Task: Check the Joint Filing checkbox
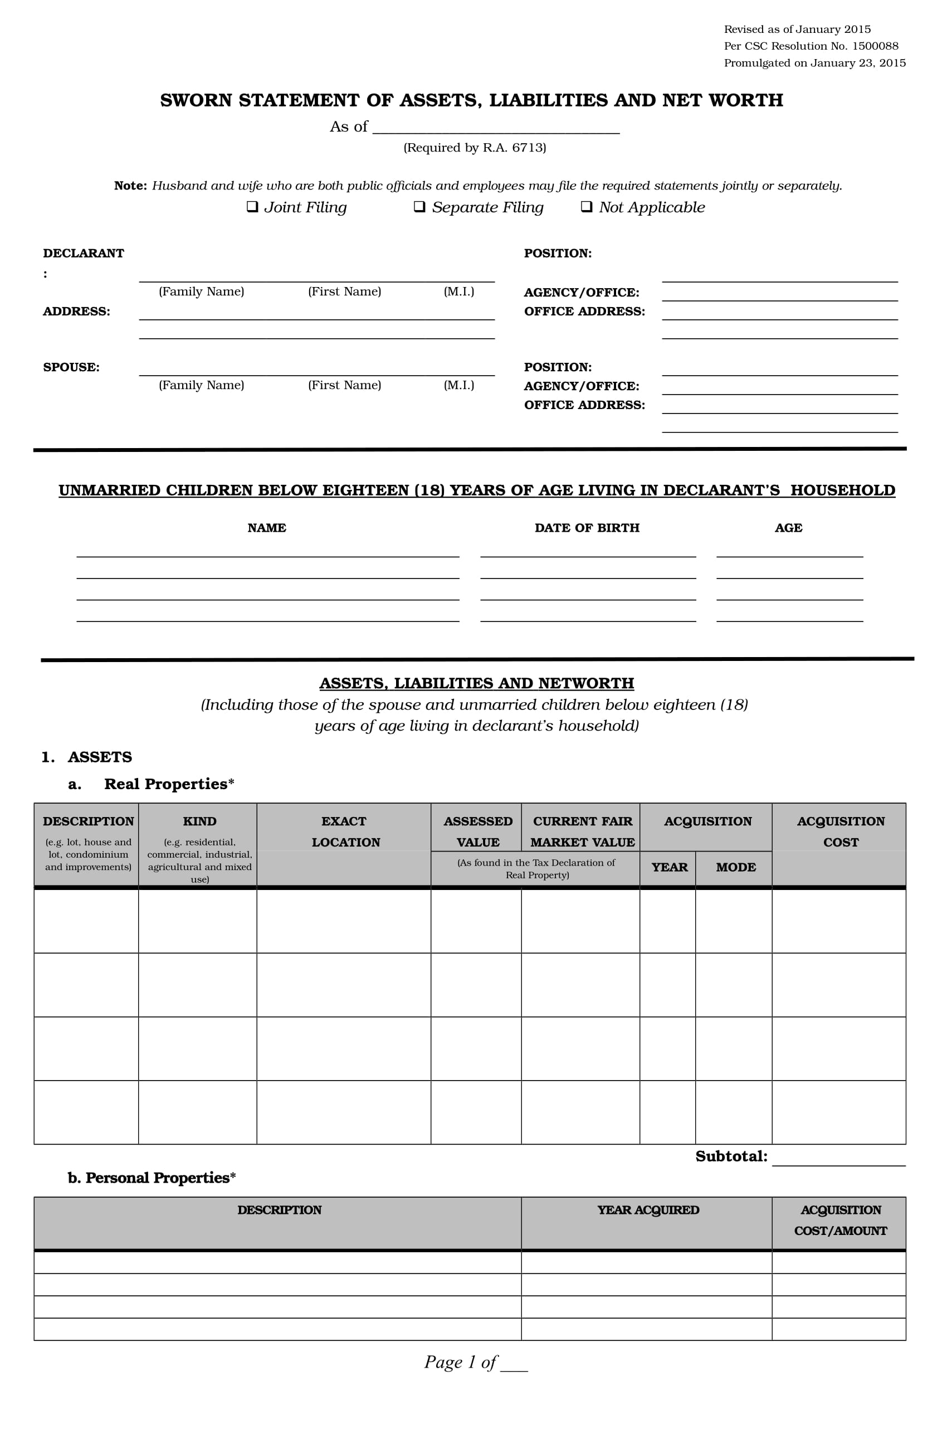pyautogui.click(x=251, y=207)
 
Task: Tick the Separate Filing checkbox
pyautogui.click(x=419, y=207)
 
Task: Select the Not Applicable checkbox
pyautogui.click(x=586, y=207)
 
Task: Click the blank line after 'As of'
pyautogui.click(x=495, y=128)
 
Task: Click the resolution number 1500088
pyautogui.click(x=875, y=46)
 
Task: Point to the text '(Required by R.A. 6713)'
pyautogui.click(x=475, y=148)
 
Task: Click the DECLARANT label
pyautogui.click(x=84, y=253)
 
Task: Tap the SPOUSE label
pyautogui.click(x=71, y=367)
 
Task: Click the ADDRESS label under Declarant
pyautogui.click(x=77, y=311)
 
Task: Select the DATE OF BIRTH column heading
pyautogui.click(x=587, y=528)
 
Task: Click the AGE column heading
pyautogui.click(x=788, y=528)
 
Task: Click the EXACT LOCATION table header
pyautogui.click(x=344, y=832)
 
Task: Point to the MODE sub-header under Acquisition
pyautogui.click(x=735, y=867)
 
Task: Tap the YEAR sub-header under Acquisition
pyautogui.click(x=669, y=867)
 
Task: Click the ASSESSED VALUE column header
pyautogui.click(x=478, y=832)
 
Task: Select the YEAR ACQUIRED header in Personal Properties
pyautogui.click(x=647, y=1210)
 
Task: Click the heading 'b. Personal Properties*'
pyautogui.click(x=152, y=1178)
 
